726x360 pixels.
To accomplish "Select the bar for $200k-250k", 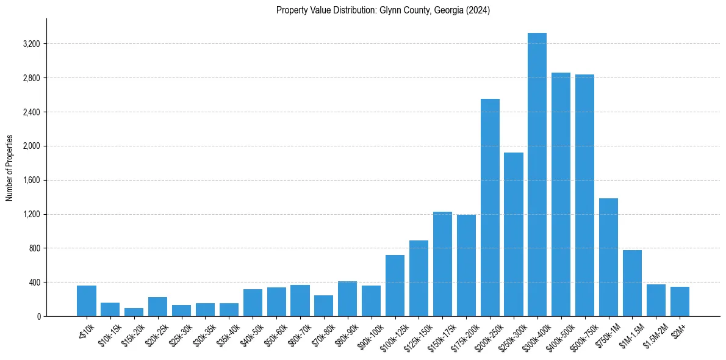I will click(x=490, y=207).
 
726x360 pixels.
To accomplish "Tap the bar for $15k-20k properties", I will click(x=134, y=312).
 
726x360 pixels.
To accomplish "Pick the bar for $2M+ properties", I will click(x=680, y=301).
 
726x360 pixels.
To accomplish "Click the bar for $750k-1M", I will click(x=608, y=257).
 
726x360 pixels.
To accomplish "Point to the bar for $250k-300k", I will click(x=514, y=234).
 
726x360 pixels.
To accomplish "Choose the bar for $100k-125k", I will click(x=395, y=286).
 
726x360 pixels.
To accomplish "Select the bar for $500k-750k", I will click(x=584, y=195).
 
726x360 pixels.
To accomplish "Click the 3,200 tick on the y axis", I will click(x=31, y=44).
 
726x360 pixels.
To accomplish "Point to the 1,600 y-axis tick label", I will click(x=31, y=181).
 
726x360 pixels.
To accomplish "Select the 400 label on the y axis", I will click(x=34, y=283).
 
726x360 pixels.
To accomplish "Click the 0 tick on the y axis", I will click(x=38, y=317).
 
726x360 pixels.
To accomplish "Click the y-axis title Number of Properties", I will click(x=10, y=168).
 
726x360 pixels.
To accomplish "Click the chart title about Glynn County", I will click(x=383, y=10).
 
